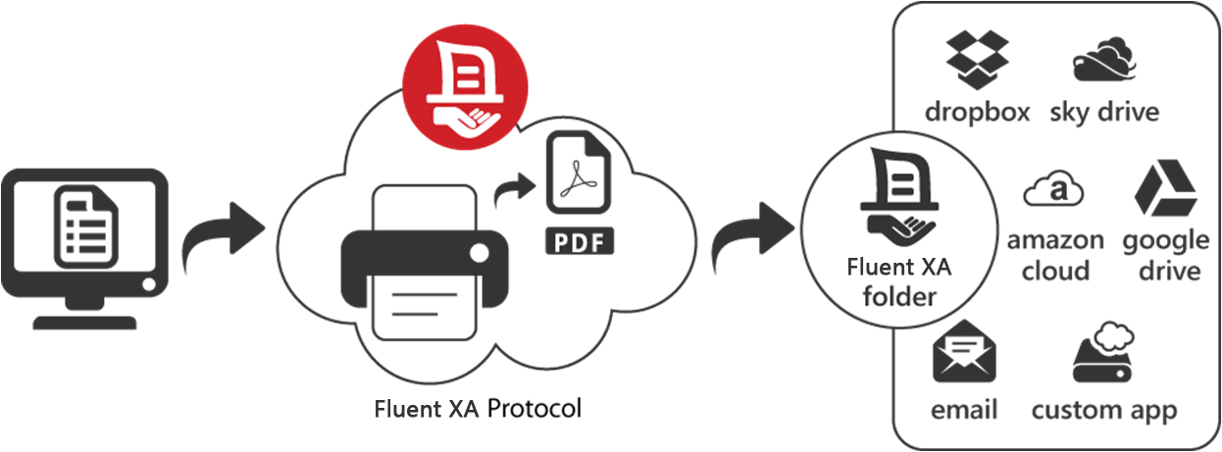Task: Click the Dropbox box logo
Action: tap(977, 55)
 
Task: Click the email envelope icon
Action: tap(964, 351)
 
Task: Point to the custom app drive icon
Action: tap(1103, 353)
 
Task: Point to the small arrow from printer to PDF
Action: tap(512, 187)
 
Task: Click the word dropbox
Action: tap(976, 112)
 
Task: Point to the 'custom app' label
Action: tap(1103, 409)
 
